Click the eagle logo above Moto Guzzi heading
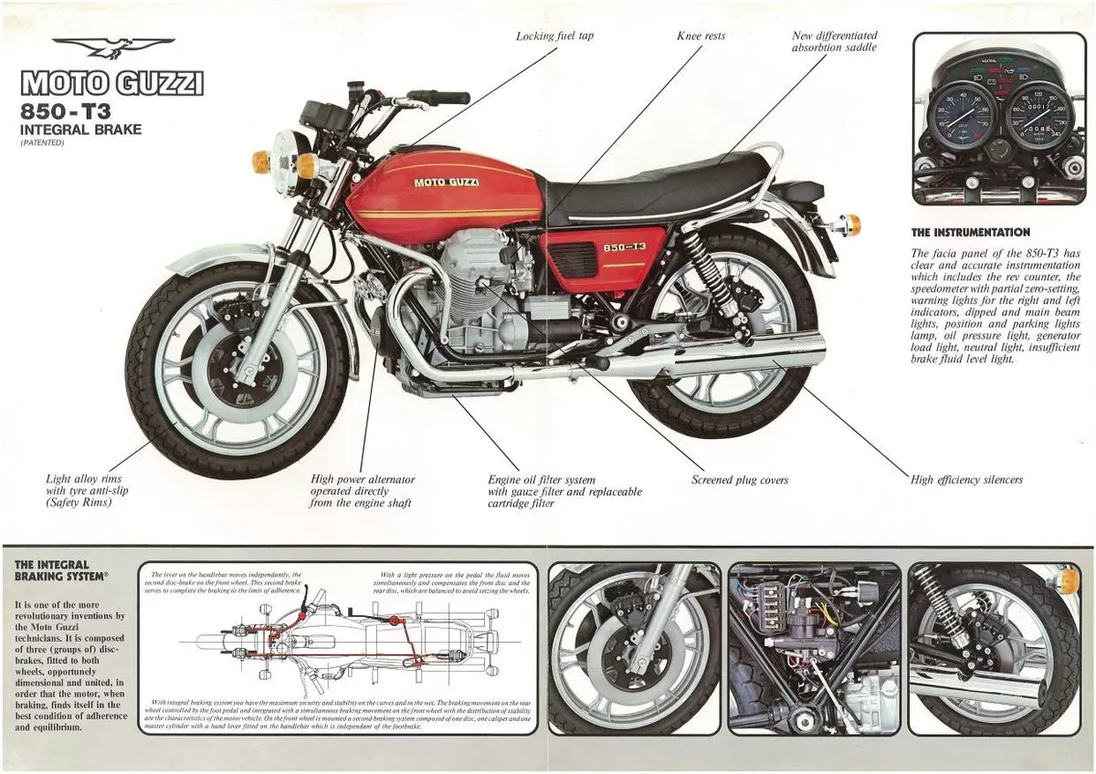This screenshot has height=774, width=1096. coord(112,47)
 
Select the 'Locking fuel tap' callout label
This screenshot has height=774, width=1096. coord(554,37)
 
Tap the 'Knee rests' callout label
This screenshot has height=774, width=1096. coord(701,37)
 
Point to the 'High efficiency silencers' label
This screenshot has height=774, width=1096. coord(966,479)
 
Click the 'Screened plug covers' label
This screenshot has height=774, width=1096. coord(739,480)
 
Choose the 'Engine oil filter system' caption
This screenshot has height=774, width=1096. coord(541,479)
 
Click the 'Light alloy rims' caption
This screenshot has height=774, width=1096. coord(83,478)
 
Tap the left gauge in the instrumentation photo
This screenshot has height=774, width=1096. coord(960,115)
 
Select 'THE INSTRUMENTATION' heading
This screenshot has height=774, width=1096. coord(970,233)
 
